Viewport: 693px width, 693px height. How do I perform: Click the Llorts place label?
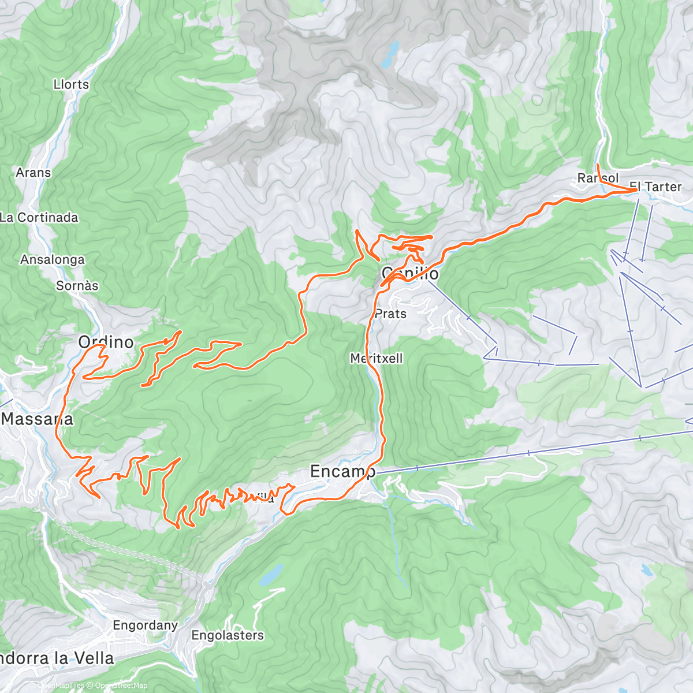pyautogui.click(x=71, y=84)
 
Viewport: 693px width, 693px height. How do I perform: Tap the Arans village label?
pyautogui.click(x=33, y=173)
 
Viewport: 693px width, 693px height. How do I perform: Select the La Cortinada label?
pyautogui.click(x=39, y=218)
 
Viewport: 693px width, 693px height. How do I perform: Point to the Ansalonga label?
pyautogui.click(x=52, y=260)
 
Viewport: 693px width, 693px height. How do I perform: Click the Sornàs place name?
pyautogui.click(x=77, y=286)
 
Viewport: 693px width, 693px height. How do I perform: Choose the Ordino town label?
pyautogui.click(x=106, y=342)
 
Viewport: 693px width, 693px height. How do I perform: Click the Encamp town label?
pyautogui.click(x=342, y=471)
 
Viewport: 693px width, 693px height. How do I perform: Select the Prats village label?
pyautogui.click(x=391, y=314)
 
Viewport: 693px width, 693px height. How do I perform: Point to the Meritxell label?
pyautogui.click(x=377, y=359)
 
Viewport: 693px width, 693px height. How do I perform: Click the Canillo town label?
pyautogui.click(x=410, y=273)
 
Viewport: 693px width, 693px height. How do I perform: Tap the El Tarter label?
pyautogui.click(x=655, y=187)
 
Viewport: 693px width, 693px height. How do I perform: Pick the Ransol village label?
pyautogui.click(x=598, y=178)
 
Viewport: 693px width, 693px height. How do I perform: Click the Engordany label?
pyautogui.click(x=146, y=625)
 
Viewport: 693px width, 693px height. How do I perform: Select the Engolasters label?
pyautogui.click(x=228, y=635)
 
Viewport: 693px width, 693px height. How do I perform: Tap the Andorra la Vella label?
pyautogui.click(x=57, y=658)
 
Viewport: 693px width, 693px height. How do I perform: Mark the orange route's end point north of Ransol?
pyautogui.click(x=598, y=166)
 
